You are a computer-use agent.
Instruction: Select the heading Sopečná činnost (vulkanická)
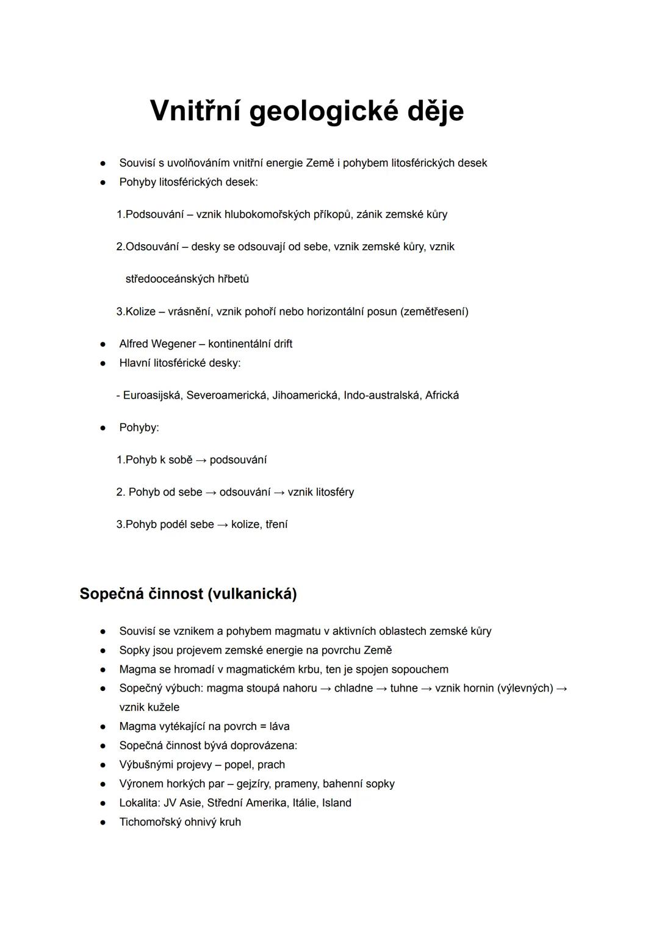(188, 594)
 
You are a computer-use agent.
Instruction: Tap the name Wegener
(173, 344)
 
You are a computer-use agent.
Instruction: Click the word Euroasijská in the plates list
(152, 395)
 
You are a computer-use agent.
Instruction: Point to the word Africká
(442, 395)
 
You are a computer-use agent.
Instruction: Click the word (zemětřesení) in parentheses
(434, 311)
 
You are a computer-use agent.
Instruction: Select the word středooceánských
(170, 279)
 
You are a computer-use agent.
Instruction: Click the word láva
(279, 726)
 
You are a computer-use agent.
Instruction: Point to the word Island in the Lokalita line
(337, 803)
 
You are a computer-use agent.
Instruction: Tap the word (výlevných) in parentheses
(525, 688)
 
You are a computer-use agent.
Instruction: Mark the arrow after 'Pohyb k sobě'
(201, 460)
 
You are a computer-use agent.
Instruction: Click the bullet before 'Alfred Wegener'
(104, 344)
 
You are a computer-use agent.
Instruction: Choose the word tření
(276, 524)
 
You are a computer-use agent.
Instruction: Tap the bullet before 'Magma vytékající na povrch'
(104, 727)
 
